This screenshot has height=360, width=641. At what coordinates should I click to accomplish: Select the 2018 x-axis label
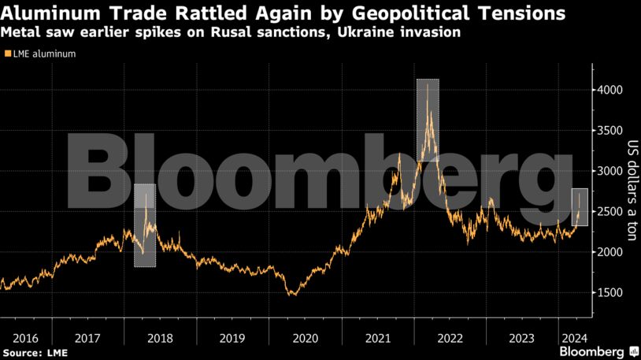point(160,338)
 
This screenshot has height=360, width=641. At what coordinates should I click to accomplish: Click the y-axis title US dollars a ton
point(631,186)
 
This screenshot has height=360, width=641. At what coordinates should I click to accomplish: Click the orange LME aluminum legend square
point(8,54)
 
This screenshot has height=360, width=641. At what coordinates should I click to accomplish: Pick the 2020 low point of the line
point(294,295)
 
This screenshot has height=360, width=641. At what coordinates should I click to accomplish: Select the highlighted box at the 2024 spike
point(579,207)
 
